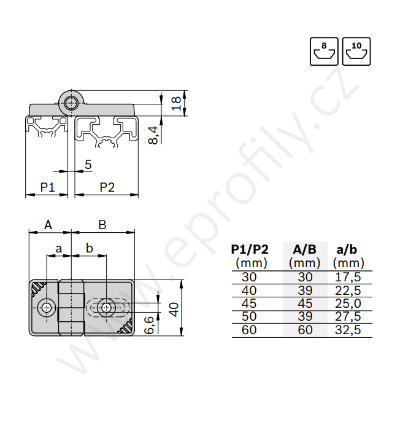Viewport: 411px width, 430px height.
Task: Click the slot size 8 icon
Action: (x=324, y=51)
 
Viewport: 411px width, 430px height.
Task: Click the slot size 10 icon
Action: (x=356, y=51)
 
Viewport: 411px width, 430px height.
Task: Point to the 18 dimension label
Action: (x=176, y=103)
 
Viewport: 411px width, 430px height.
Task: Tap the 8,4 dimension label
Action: (x=153, y=135)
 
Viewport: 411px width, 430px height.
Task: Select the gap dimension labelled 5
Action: (x=88, y=165)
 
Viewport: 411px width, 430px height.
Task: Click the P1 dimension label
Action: (x=47, y=187)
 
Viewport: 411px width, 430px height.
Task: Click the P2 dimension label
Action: (x=107, y=187)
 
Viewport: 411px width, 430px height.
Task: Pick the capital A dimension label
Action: (x=48, y=225)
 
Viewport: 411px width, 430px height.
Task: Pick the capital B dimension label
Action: (x=102, y=225)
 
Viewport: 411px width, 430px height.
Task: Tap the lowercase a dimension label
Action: (x=59, y=249)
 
